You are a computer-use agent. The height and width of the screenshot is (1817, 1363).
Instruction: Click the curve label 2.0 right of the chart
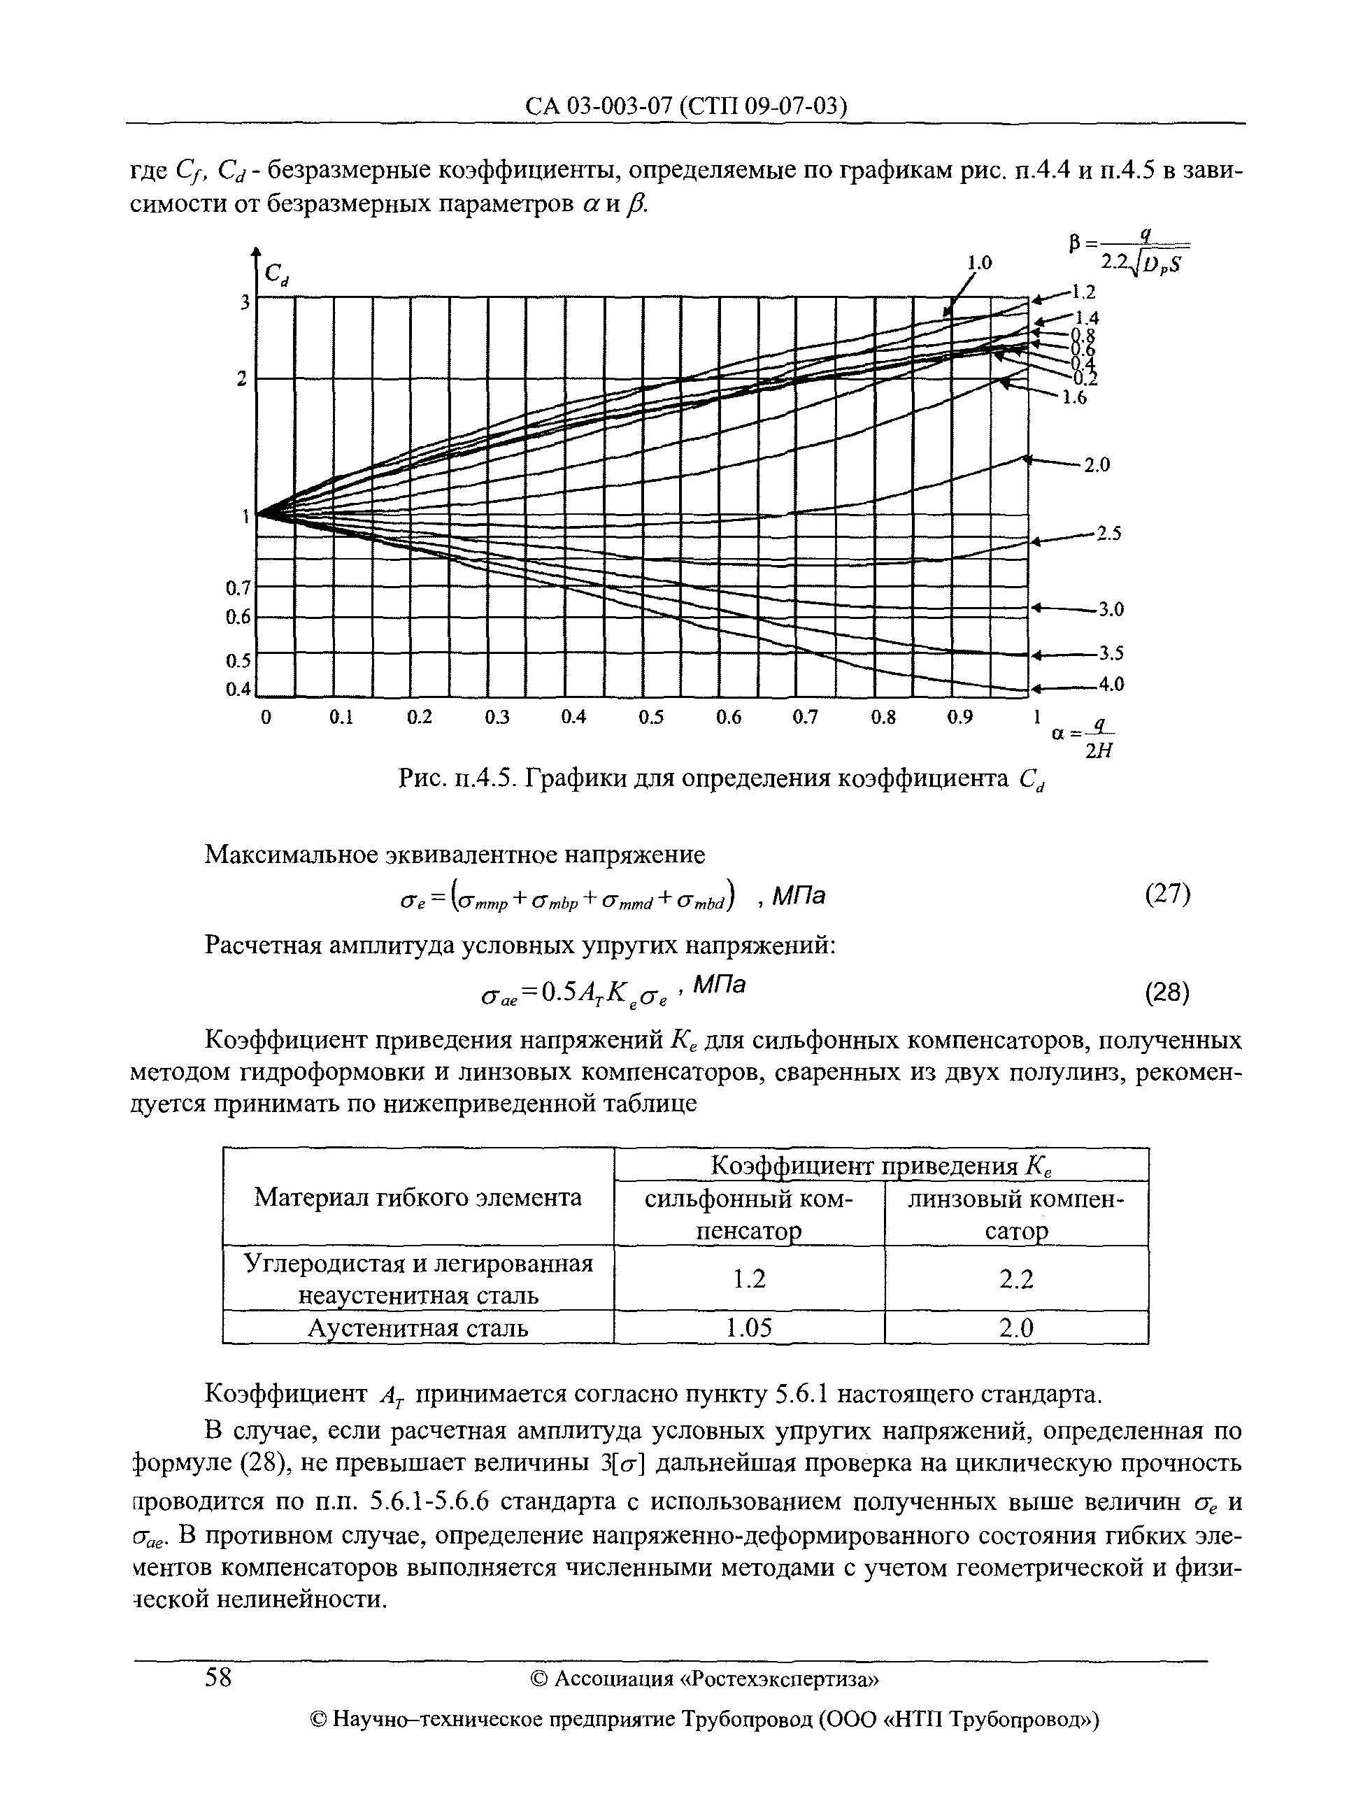(1096, 465)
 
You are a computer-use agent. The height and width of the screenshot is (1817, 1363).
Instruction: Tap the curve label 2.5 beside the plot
(1109, 534)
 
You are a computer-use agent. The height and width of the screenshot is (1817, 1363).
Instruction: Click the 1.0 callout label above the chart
(978, 263)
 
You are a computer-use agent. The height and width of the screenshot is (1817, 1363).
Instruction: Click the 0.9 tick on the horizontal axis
(959, 717)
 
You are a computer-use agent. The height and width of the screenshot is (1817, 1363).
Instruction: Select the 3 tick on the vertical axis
(244, 302)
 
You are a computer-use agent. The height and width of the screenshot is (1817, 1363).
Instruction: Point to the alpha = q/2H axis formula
(1083, 738)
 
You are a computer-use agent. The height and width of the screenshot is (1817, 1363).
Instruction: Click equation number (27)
(1166, 894)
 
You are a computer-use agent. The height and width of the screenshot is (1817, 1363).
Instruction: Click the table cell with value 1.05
(748, 1328)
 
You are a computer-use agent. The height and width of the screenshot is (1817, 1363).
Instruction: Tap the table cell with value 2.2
(1015, 1279)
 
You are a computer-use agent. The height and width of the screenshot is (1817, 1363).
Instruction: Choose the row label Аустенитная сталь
(418, 1328)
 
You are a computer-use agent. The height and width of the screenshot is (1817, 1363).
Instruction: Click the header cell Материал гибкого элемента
(418, 1197)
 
